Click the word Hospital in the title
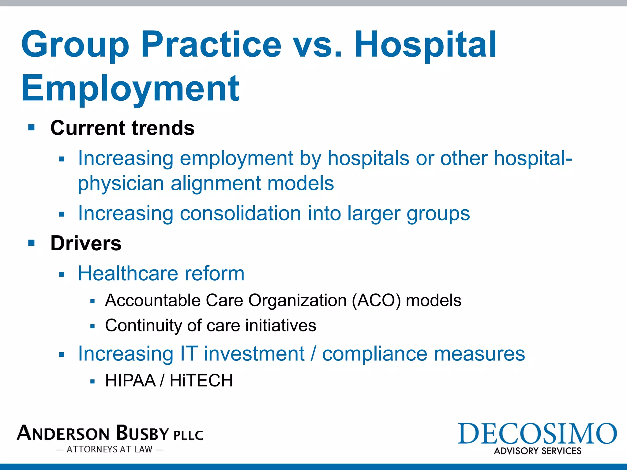(426, 45)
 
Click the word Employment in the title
(130, 89)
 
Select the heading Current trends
(122, 128)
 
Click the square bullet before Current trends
(31, 127)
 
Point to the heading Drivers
(86, 244)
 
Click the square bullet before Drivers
(31, 243)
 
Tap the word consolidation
(240, 213)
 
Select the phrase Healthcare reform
(161, 273)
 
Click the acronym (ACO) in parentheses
(376, 300)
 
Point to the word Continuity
(143, 326)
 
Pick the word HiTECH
(201, 381)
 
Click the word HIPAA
(130, 381)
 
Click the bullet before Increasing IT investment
(62, 355)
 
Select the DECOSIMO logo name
(537, 434)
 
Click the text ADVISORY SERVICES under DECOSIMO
(537, 451)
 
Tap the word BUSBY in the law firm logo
(143, 433)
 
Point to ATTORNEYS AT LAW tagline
(110, 449)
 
